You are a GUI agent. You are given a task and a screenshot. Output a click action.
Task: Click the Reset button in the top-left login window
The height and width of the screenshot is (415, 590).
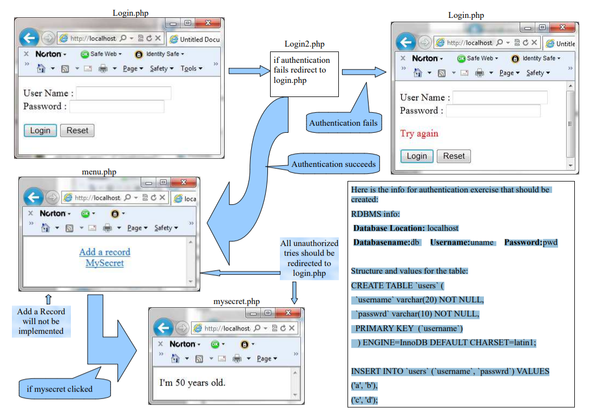pyautogui.click(x=77, y=131)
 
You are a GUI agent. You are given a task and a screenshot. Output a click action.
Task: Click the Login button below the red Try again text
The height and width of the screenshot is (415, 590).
pyautogui.click(x=417, y=157)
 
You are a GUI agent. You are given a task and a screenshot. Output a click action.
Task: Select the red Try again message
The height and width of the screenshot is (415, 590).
pyautogui.click(x=419, y=134)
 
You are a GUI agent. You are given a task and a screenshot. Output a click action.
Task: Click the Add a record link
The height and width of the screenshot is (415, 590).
pyautogui.click(x=104, y=252)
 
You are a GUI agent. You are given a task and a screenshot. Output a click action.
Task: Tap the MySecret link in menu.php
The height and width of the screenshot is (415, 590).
pyautogui.click(x=104, y=263)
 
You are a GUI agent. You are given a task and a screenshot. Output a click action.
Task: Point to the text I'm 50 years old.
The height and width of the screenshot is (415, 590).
pyautogui.click(x=192, y=383)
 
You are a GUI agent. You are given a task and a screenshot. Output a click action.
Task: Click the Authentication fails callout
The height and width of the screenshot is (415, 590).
pyautogui.click(x=343, y=123)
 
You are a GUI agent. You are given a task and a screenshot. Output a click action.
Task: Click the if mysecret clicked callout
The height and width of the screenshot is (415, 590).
pyautogui.click(x=60, y=388)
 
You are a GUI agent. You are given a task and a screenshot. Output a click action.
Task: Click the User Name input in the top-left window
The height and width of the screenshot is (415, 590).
pyautogui.click(x=124, y=94)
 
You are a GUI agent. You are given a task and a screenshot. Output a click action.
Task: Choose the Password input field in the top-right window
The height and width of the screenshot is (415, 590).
pyautogui.click(x=493, y=111)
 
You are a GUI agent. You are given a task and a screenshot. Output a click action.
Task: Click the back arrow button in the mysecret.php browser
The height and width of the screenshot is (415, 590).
pyautogui.click(x=163, y=328)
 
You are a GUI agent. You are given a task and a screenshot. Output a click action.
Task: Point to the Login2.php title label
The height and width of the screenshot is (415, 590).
pyautogui.click(x=305, y=44)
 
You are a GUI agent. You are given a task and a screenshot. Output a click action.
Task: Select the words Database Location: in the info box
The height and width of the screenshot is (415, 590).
pyautogui.click(x=389, y=228)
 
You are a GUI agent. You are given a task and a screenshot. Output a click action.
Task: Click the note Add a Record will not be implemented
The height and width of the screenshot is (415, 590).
pyautogui.click(x=41, y=321)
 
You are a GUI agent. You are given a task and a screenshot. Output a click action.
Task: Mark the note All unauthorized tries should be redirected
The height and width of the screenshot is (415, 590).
pyautogui.click(x=309, y=258)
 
